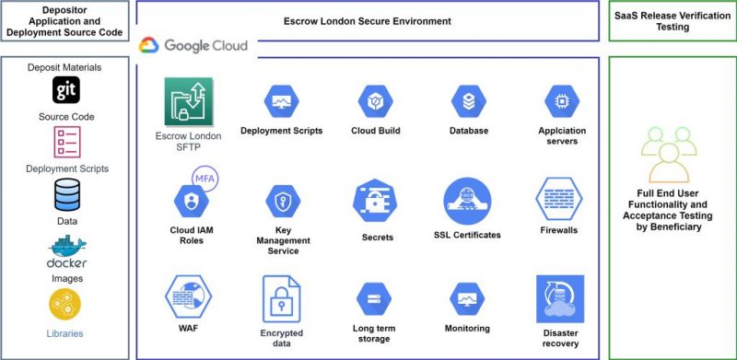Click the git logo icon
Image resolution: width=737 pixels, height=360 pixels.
66,90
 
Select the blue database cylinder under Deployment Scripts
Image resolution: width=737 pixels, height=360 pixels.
66,195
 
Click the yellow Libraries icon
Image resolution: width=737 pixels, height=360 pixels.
66,305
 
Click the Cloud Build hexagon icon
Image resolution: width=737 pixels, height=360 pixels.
375,100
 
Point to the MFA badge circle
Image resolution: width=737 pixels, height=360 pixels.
204,179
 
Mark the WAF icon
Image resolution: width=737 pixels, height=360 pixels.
189,296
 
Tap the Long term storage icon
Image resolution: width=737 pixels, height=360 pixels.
374,300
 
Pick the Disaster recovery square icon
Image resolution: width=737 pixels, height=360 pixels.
560,298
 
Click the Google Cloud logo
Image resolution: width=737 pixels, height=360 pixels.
194,45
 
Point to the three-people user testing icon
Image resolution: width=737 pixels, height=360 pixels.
670,152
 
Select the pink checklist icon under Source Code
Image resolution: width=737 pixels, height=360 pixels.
66,143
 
